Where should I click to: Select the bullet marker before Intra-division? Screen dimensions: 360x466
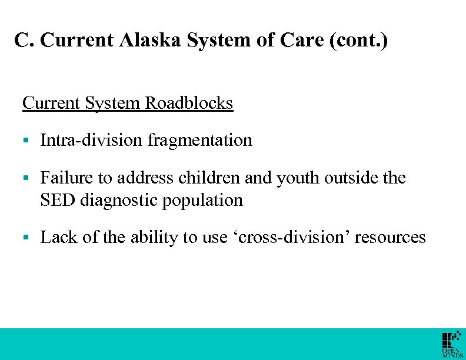pyautogui.click(x=25, y=141)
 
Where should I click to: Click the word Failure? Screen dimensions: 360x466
pyautogui.click(x=63, y=178)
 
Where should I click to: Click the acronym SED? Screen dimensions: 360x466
pyautogui.click(x=58, y=200)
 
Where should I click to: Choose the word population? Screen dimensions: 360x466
pyautogui.click(x=206, y=201)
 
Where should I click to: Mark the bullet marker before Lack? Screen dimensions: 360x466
pyautogui.click(x=25, y=238)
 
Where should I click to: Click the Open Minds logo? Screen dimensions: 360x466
pyautogui.click(x=452, y=344)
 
